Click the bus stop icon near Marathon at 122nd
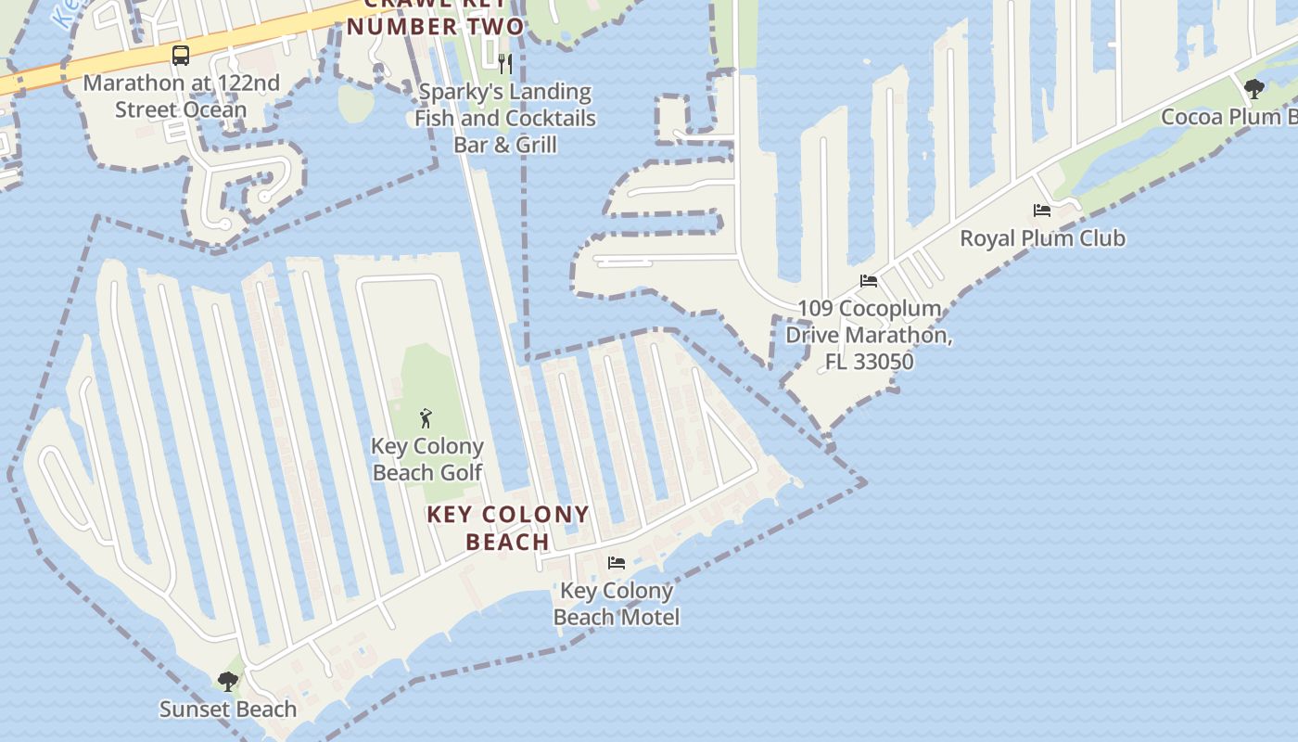point(181,55)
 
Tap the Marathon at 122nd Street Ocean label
point(181,96)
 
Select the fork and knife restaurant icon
point(505,63)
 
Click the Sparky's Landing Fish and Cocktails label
point(505,118)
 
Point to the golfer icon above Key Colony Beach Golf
point(426,418)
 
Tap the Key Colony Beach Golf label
point(427,459)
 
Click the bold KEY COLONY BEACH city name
point(508,528)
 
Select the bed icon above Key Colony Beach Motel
point(617,562)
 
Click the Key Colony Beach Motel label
point(617,604)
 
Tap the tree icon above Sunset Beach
point(228,682)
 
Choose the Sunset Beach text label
point(228,710)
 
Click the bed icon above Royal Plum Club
point(1042,211)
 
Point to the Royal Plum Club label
point(1042,238)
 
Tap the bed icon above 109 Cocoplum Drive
point(869,281)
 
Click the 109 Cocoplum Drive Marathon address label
point(869,335)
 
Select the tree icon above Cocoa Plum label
point(1254,89)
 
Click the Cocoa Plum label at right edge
point(1228,117)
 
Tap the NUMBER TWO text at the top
point(436,26)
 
